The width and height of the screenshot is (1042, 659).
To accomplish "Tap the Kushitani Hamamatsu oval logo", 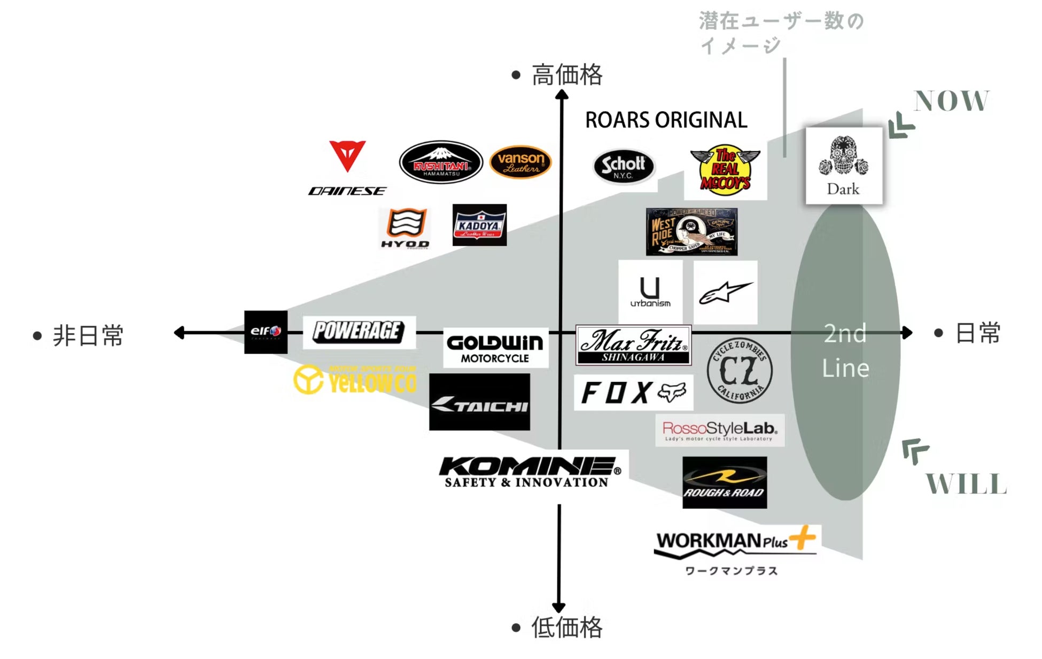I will pos(441,162).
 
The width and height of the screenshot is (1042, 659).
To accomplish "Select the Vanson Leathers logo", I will pos(520,162).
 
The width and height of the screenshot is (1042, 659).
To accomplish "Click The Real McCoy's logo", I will pos(725,169).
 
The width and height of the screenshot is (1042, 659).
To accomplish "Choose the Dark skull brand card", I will pos(844,166).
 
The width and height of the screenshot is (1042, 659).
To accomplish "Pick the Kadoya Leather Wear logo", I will pos(479,225).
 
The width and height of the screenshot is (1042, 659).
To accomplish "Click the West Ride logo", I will pos(691,232).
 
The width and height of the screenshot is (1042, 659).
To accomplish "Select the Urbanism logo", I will pos(650,292).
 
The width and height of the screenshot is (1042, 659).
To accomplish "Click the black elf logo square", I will pos(266,332).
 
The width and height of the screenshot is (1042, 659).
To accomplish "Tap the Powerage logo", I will pos(359,332).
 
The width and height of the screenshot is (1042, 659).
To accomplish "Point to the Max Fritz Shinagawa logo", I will pos(633,345).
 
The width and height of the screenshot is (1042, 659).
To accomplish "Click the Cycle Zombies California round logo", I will pos(740,370).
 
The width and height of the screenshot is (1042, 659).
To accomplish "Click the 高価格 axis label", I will pos(567,75).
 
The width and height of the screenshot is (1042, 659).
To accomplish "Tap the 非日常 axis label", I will pos(88,335).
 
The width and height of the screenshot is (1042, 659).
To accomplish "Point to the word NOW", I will pos(951,101).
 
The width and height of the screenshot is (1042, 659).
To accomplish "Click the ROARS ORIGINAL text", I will pos(666,120).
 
